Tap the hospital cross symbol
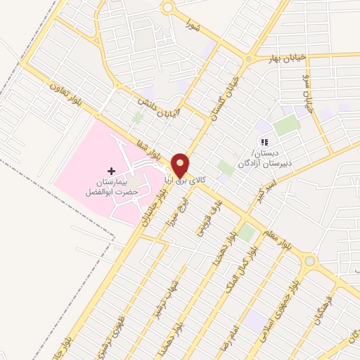pyautogui.click(x=111, y=171)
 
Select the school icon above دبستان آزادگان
pyautogui.click(x=264, y=142)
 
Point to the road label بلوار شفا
pyautogui.click(x=160, y=146)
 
